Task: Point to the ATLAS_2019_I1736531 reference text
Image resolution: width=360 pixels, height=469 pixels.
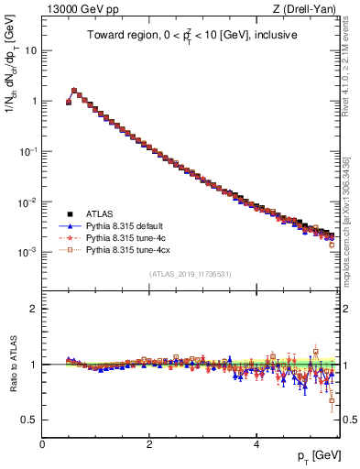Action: [190, 274]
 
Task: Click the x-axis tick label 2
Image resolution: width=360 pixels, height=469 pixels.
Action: [149, 443]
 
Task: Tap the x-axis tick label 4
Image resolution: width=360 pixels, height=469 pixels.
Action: [256, 443]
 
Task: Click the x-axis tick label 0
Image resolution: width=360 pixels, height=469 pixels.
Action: [42, 443]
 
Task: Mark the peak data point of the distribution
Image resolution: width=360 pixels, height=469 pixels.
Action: [74, 91]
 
